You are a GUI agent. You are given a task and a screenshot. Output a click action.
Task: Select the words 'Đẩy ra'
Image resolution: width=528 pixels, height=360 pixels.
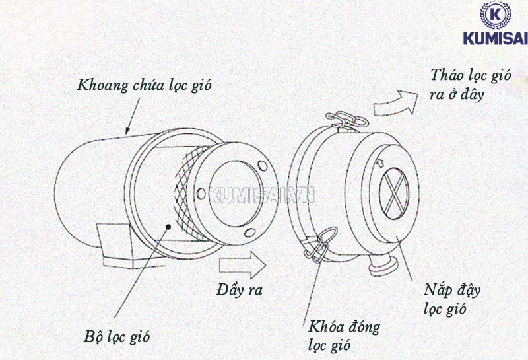(239, 289)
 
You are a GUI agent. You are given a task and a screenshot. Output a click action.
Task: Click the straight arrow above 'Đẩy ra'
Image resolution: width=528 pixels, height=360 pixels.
(243, 266)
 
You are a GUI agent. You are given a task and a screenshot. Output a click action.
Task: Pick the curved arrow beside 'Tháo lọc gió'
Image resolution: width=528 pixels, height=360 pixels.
(395, 102)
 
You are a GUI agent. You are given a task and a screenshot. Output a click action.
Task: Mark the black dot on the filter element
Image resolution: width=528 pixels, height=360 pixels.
(170, 226)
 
